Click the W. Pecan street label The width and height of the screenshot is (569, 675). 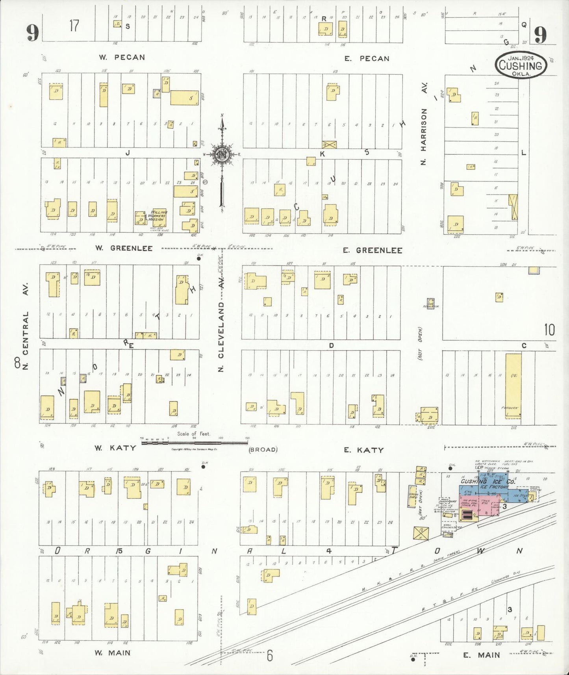tap(122, 57)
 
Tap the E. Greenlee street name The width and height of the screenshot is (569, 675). tap(372, 250)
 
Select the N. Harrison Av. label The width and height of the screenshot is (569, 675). tap(424, 124)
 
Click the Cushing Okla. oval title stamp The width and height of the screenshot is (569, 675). tap(521, 65)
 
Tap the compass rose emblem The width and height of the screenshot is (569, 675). tap(222, 154)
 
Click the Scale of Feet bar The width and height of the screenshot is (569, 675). tap(194, 442)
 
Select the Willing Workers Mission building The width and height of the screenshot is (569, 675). tap(159, 217)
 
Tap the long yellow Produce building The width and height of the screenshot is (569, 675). tap(513, 384)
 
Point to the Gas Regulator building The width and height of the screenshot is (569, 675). tap(431, 303)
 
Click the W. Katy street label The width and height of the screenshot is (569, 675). tap(115, 448)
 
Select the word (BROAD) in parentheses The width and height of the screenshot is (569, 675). tap(263, 449)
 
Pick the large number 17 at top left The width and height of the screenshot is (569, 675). tap(74, 26)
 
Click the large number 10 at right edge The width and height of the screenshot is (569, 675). tap(549, 330)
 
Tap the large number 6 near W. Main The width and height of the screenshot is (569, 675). tap(269, 656)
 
